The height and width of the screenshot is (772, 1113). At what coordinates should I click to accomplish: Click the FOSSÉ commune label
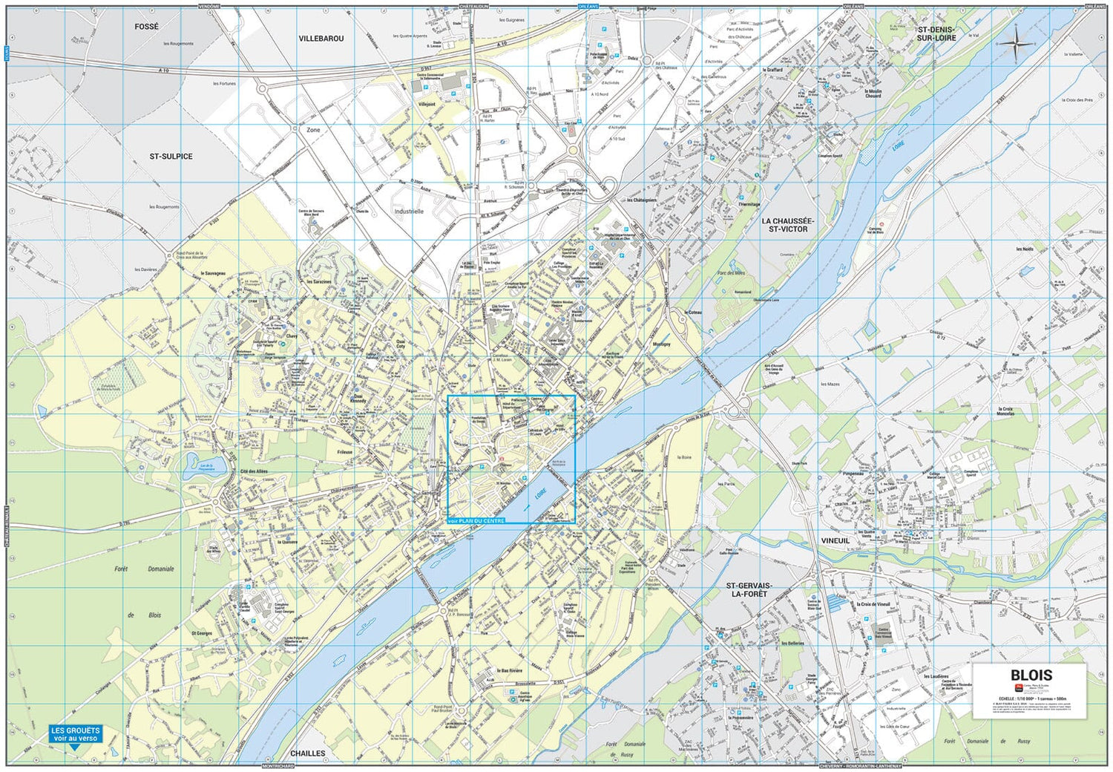pos(146,27)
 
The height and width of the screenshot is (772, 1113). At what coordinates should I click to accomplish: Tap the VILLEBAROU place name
pos(321,39)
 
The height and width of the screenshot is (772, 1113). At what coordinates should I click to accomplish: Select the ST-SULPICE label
pos(171,157)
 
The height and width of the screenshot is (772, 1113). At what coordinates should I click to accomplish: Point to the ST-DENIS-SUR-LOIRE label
pos(936,33)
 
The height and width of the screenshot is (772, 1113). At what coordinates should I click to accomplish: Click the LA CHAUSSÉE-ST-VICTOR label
pos(788,225)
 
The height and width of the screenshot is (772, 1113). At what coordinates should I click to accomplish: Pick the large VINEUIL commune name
pos(835,540)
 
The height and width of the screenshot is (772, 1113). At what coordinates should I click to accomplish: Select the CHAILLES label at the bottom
pos(308,753)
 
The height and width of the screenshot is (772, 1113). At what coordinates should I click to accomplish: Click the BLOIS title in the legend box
pos(1031,675)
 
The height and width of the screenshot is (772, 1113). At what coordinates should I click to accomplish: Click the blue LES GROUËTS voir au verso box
pos(75,734)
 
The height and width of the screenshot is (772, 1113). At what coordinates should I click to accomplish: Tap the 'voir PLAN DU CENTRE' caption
pos(476,521)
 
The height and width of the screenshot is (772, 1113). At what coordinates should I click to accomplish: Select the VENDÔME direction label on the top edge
pos(209,6)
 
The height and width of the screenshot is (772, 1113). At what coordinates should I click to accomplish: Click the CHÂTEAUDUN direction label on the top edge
pos(474,6)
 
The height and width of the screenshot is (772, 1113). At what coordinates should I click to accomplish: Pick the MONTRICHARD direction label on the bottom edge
pos(278,766)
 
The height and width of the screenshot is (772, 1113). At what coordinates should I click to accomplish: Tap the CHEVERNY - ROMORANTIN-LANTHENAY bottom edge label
pos(859,766)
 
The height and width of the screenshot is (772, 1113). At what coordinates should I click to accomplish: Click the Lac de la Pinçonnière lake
pos(200,465)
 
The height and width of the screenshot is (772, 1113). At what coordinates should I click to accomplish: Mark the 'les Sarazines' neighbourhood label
pos(319,282)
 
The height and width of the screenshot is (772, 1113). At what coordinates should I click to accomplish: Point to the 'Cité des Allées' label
pos(254,471)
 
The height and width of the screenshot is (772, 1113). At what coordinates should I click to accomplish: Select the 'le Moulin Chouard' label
pos(873,94)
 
